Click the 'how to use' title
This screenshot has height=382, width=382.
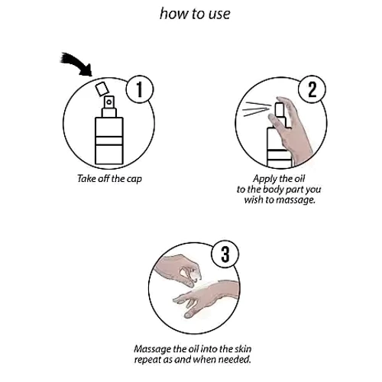click(195, 14)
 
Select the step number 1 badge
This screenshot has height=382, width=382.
click(140, 89)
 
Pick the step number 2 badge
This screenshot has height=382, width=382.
click(312, 89)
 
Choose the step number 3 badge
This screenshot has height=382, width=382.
click(225, 254)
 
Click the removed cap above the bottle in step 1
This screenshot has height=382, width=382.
click(102, 89)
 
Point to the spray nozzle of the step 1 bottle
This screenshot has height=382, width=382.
click(109, 102)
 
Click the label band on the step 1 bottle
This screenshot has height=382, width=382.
click(109, 141)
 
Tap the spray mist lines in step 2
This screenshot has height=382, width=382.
click(257, 109)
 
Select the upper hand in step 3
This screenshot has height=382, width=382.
click(178, 269)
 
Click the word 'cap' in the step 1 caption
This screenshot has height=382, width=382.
click(134, 179)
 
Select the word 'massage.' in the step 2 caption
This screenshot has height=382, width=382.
click(296, 200)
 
